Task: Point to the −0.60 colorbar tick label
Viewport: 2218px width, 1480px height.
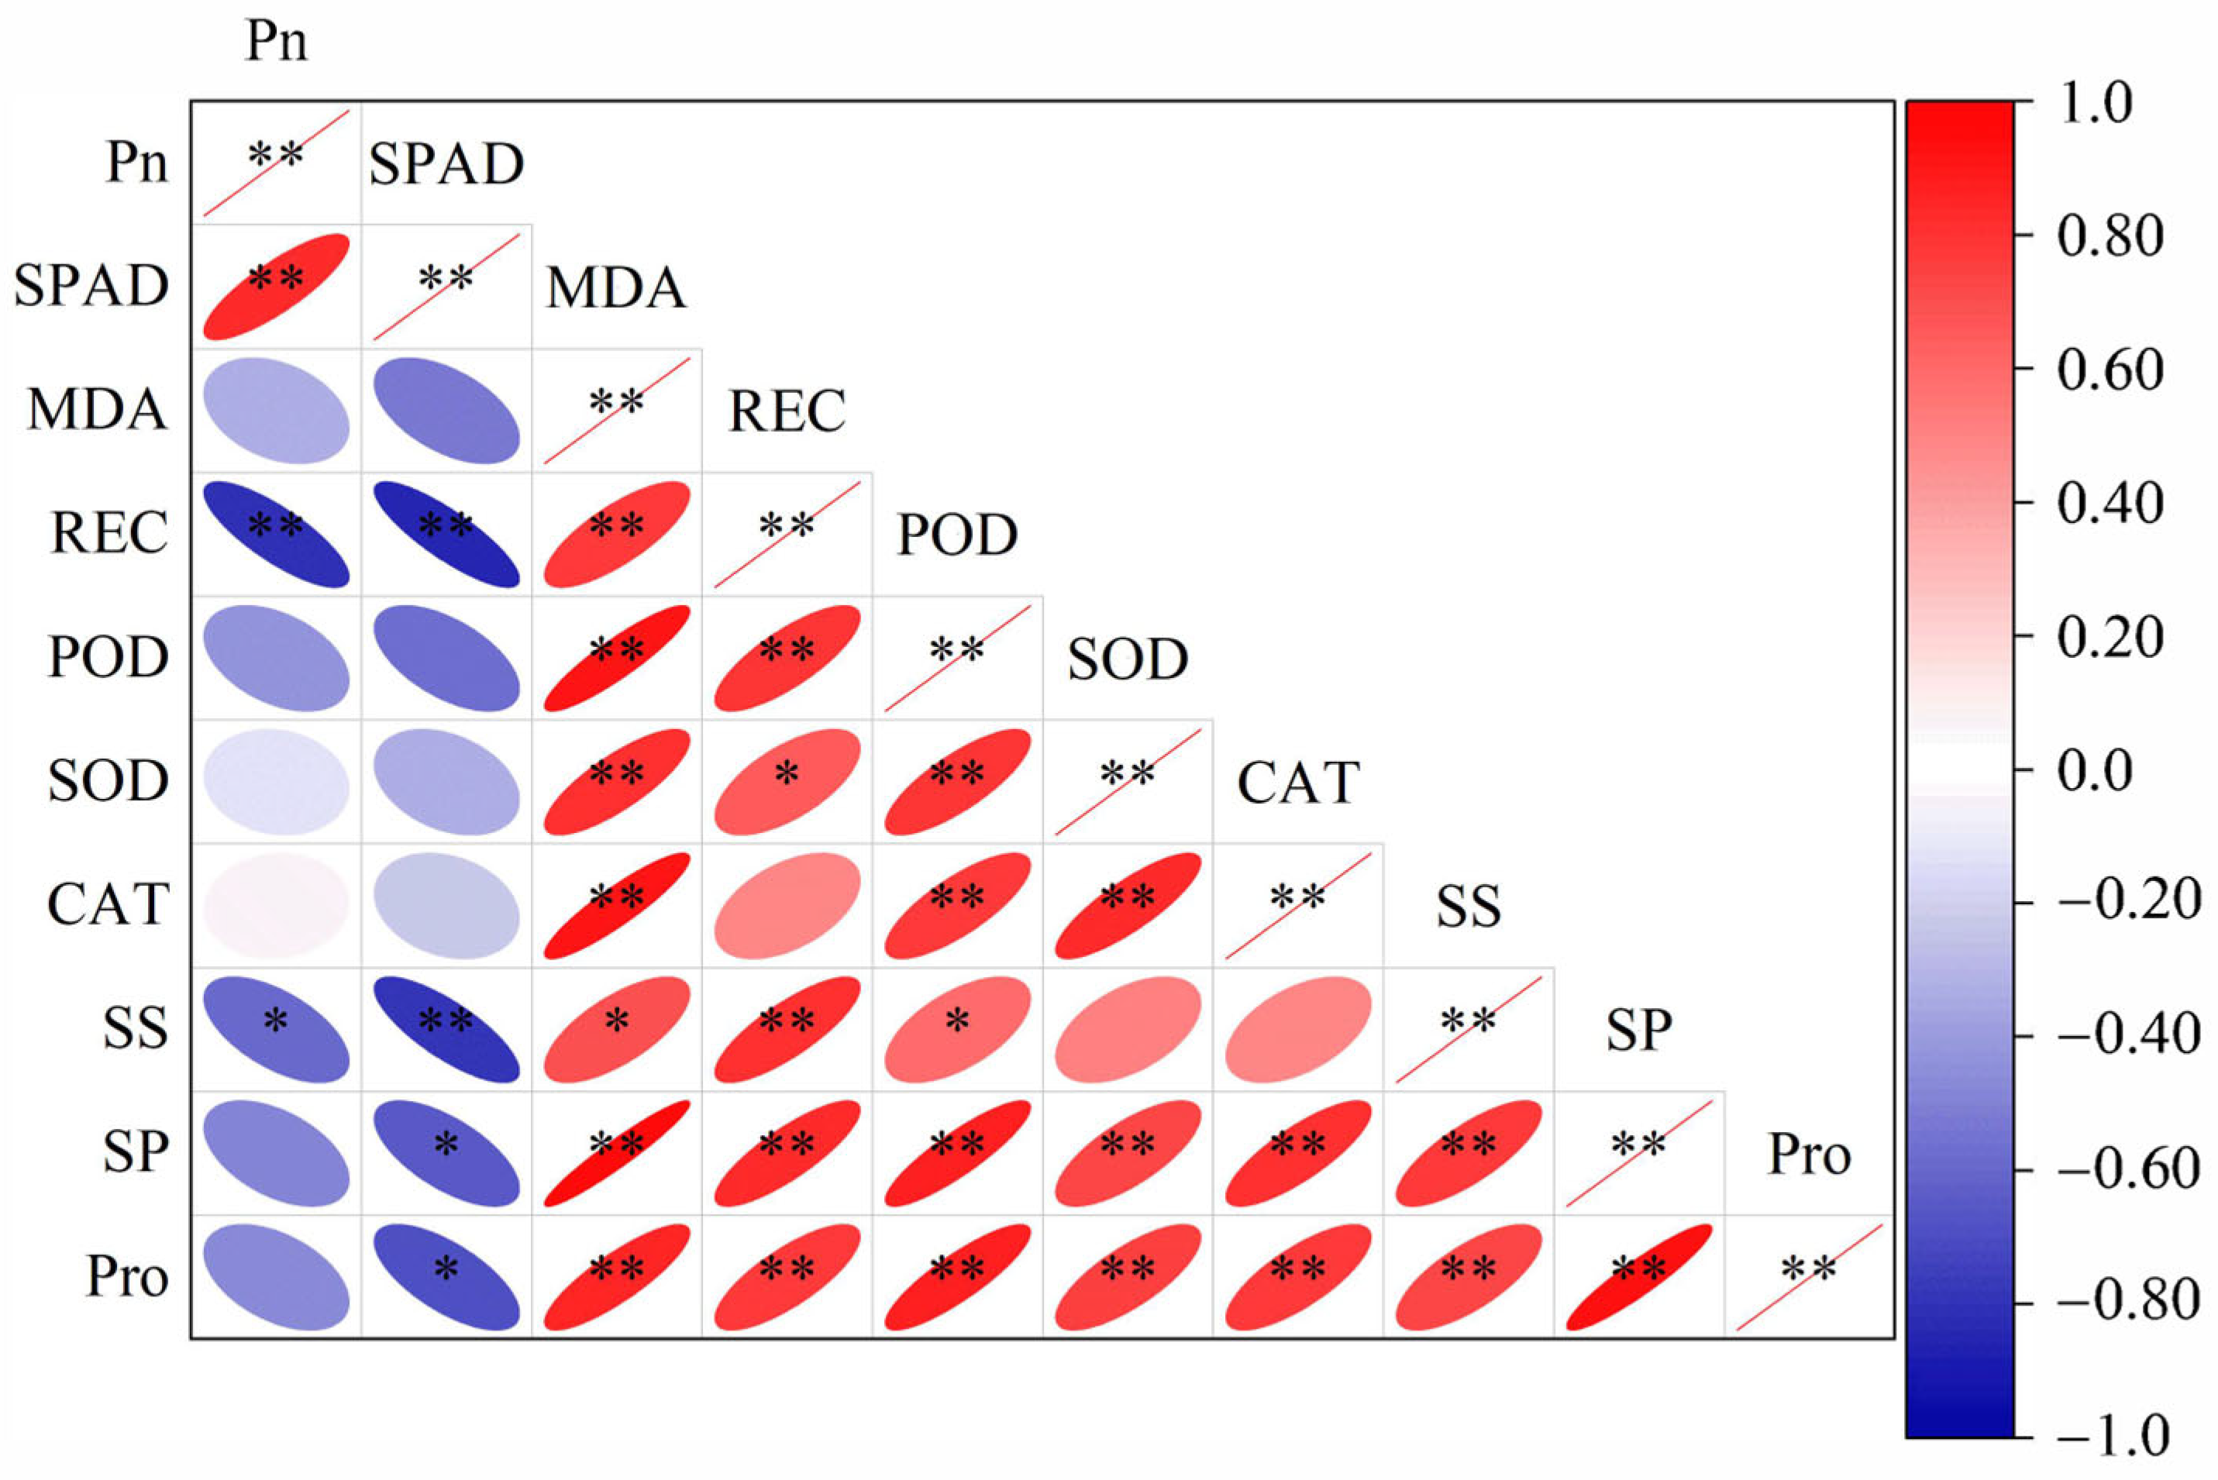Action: [2127, 1169]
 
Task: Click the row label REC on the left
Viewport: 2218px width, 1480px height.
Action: [108, 533]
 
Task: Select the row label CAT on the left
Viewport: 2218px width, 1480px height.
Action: [108, 904]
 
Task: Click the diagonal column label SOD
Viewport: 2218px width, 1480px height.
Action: [1127, 659]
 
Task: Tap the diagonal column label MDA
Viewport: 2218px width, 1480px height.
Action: [615, 288]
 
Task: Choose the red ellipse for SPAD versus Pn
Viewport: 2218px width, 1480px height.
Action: [277, 287]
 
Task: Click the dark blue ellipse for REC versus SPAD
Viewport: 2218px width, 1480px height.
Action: [446, 534]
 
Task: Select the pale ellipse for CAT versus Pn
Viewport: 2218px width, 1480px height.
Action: [277, 905]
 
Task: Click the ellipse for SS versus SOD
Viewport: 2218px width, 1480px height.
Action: [1127, 1029]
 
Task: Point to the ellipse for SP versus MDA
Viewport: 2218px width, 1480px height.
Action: [616, 1152]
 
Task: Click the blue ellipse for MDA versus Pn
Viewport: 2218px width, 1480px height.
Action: [277, 411]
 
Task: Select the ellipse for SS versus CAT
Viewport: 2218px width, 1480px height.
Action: [1298, 1029]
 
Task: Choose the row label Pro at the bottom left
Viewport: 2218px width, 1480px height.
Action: [126, 1276]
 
